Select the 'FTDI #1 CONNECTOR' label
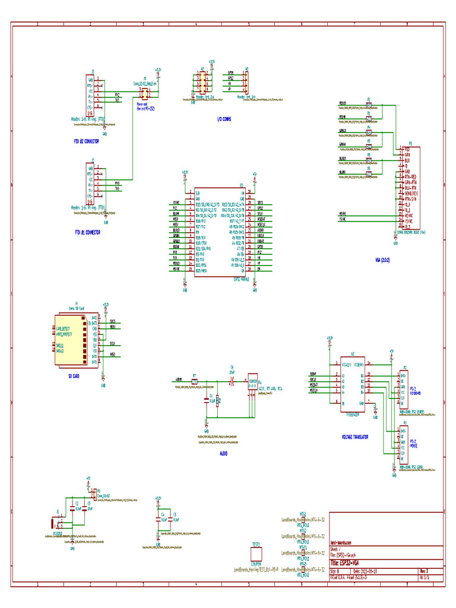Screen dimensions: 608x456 click(x=87, y=232)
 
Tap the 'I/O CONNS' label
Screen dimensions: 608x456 click(x=224, y=119)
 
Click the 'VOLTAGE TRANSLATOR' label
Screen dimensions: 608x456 click(x=355, y=436)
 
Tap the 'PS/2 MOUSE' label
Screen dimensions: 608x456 click(x=414, y=443)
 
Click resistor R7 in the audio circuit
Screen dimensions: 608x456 click(x=194, y=382)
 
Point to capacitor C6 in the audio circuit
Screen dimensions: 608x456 click(x=232, y=378)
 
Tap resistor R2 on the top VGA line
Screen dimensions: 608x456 click(x=368, y=105)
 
